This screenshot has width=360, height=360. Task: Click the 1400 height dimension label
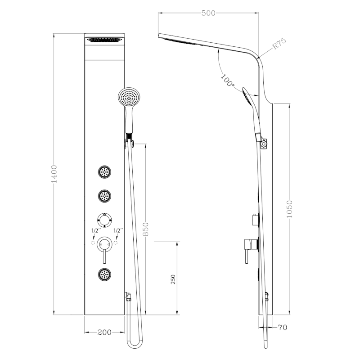click(x=54, y=173)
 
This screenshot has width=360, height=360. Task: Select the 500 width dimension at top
click(x=208, y=13)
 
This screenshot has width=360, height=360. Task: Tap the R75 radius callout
click(x=279, y=44)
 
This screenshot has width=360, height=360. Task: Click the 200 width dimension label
click(x=104, y=333)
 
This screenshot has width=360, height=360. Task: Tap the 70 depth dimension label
click(x=282, y=328)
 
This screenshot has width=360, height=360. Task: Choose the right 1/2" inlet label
click(x=118, y=231)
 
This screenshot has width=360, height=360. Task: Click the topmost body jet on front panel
click(x=105, y=172)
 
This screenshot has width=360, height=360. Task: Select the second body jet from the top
click(x=105, y=196)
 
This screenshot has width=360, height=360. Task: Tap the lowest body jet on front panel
click(x=105, y=274)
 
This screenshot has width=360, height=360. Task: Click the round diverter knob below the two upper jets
click(x=105, y=220)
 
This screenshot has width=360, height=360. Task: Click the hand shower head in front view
click(x=129, y=97)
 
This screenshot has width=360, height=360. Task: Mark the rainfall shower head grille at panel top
click(x=105, y=40)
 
